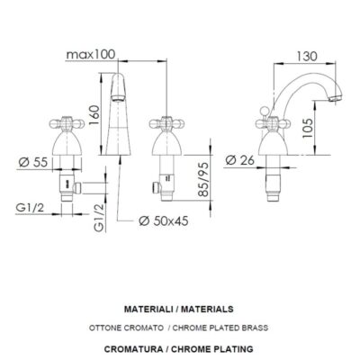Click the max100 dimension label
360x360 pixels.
tap(91, 55)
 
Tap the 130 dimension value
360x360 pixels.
tap(307, 56)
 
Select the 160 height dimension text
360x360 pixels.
tap(94, 115)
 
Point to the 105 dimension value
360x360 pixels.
tap(308, 128)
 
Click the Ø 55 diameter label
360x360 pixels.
tap(33, 162)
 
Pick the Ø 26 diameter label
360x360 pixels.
tap(239, 160)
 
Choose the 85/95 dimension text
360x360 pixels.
tap(203, 179)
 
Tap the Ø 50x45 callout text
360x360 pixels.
tap(164, 221)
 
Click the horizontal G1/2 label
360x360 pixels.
tap(30, 207)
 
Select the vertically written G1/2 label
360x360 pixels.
tap(99, 218)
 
